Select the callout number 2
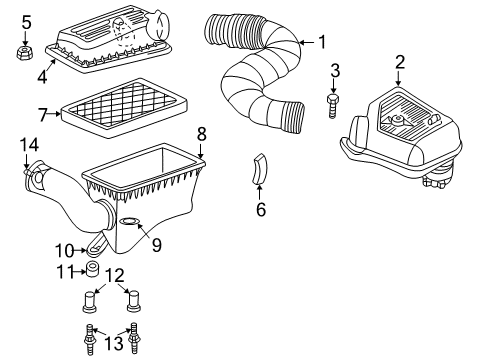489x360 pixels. [399, 63]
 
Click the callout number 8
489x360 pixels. [201, 132]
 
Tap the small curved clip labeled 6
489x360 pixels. [258, 171]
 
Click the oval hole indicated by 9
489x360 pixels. [131, 222]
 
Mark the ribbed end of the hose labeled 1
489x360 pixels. [294, 116]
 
